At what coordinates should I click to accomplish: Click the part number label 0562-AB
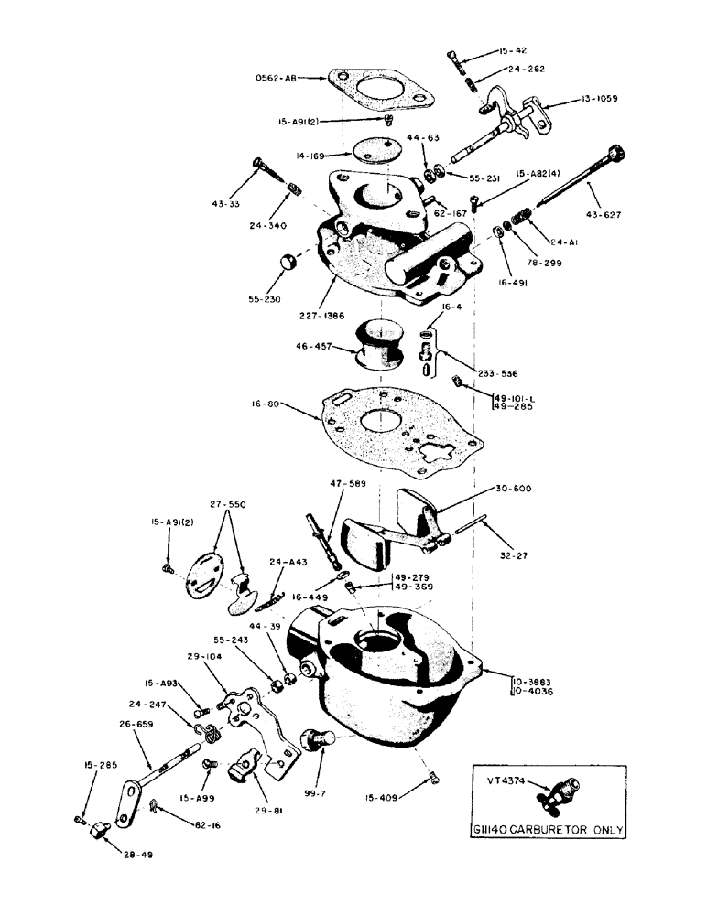pos(274,80)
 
